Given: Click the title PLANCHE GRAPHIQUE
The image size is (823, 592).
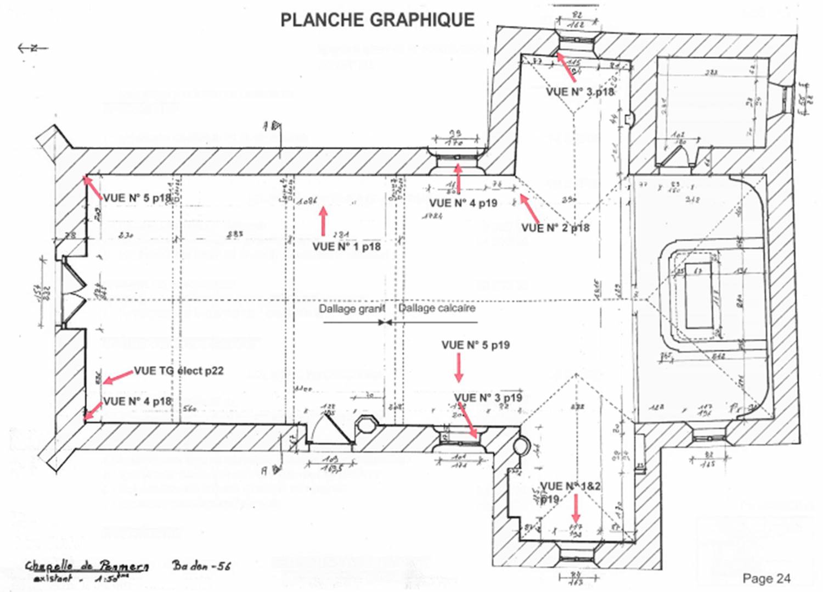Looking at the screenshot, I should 377,20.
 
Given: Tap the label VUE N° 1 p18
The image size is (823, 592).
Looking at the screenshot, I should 347,247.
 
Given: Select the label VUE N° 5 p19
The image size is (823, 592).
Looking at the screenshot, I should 476,345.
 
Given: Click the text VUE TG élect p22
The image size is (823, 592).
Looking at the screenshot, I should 179,371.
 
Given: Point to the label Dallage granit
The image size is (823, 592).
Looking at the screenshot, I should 352,309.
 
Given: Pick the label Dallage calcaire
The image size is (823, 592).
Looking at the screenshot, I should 437,308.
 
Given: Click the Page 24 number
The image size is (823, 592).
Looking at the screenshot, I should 766,578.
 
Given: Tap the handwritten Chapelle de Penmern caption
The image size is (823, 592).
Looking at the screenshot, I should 87,566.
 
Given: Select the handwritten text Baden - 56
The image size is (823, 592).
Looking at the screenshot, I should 201,565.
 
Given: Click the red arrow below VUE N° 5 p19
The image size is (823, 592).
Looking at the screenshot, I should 459,367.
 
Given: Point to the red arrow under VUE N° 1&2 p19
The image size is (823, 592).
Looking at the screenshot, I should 576,509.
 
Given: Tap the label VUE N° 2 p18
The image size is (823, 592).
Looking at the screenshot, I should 555,227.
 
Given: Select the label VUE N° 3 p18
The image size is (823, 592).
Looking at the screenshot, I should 580,92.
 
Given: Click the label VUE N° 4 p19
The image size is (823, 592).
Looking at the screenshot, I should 463,203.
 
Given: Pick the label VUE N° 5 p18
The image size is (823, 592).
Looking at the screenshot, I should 137,198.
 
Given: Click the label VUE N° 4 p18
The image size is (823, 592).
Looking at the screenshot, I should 137,401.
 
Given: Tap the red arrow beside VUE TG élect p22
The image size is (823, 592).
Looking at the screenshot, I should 118,377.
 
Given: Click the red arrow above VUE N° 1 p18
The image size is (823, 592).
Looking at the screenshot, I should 324,221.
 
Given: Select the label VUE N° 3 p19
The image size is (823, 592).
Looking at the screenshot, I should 488,398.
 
